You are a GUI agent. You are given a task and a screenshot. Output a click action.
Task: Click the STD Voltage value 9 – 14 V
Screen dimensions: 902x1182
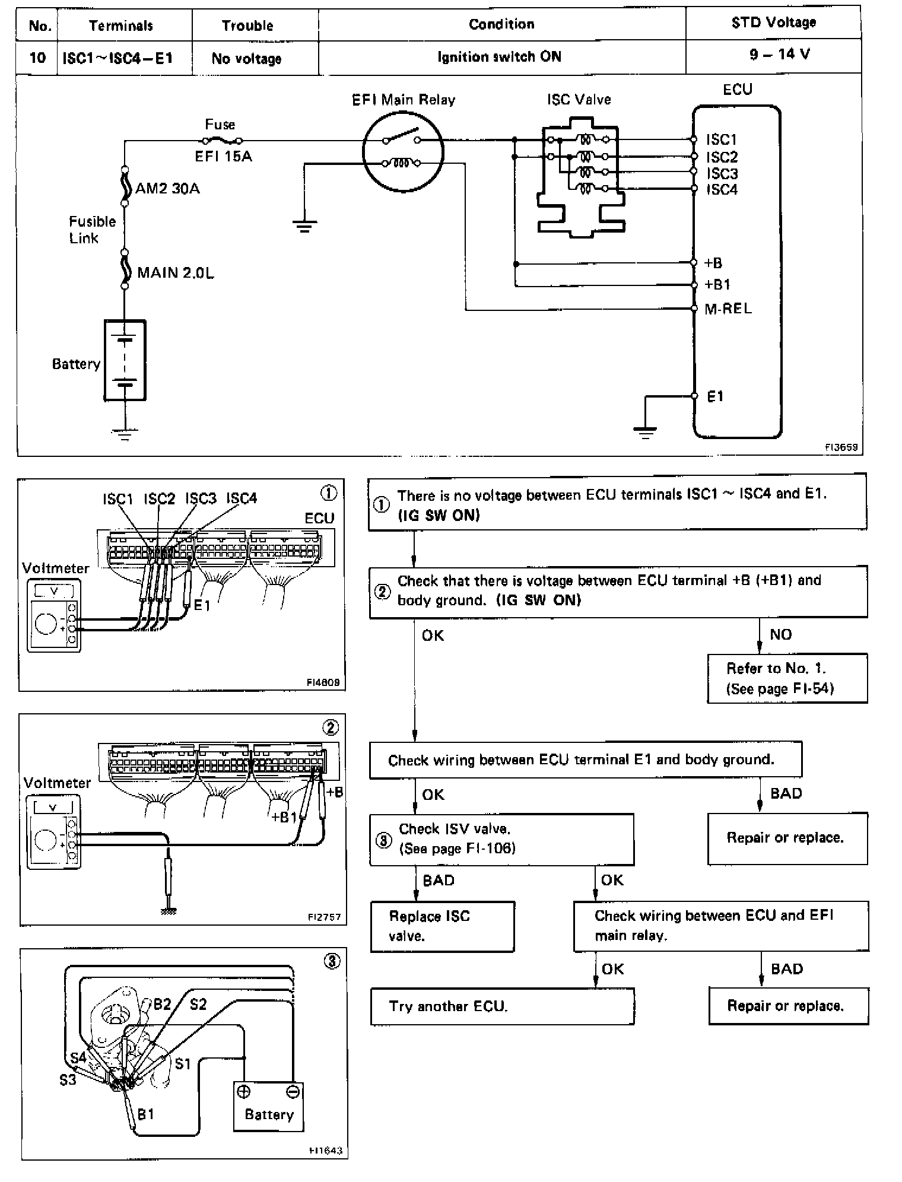[x=779, y=55]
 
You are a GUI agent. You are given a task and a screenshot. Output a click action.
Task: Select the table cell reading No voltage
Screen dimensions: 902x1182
[x=247, y=58]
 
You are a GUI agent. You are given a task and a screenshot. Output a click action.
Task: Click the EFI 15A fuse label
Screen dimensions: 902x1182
[x=223, y=157]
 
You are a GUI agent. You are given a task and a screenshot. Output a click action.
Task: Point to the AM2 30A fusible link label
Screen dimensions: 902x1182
[x=167, y=189]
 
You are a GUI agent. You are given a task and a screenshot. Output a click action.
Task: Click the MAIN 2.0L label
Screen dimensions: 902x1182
[x=176, y=272]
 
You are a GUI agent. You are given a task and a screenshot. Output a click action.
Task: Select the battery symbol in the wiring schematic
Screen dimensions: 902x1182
[x=125, y=360]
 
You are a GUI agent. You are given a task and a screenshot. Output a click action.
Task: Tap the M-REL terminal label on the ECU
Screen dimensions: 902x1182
[x=728, y=309]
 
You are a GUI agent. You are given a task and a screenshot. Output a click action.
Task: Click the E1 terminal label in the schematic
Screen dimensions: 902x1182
[x=715, y=396]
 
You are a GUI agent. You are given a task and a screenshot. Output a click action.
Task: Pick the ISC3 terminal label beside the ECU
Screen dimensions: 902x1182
[x=722, y=174]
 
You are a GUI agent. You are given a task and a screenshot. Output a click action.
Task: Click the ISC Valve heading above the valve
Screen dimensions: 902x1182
[x=579, y=100]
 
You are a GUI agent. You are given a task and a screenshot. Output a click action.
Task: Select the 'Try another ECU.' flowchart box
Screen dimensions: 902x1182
[x=502, y=1006]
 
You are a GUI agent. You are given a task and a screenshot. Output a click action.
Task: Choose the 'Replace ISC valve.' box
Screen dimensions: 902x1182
[x=442, y=926]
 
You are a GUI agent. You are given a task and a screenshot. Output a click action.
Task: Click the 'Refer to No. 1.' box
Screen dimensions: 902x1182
[x=787, y=678]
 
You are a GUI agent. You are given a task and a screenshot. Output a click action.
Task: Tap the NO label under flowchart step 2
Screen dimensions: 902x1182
[x=780, y=635]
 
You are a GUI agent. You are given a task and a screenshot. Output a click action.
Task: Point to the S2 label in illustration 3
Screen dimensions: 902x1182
[x=198, y=1004]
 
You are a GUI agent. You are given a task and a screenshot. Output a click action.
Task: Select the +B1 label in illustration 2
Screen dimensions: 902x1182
[x=284, y=817]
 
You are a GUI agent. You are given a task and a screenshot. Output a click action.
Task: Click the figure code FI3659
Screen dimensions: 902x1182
[x=841, y=448]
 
